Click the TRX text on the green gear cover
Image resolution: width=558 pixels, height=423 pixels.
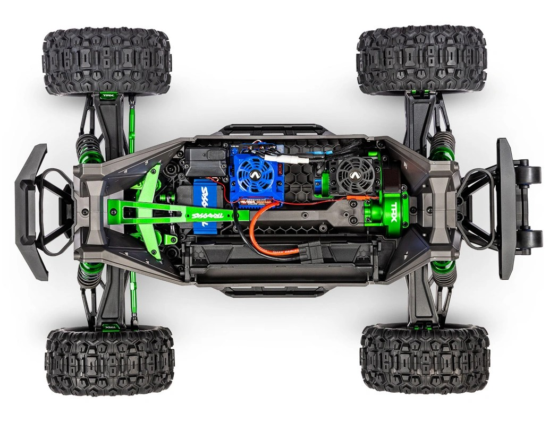(394, 205)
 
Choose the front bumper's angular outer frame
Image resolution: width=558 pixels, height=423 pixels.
(31, 212)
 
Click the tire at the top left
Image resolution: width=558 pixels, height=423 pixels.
(107, 62)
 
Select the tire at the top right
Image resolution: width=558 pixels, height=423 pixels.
(421, 59)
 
